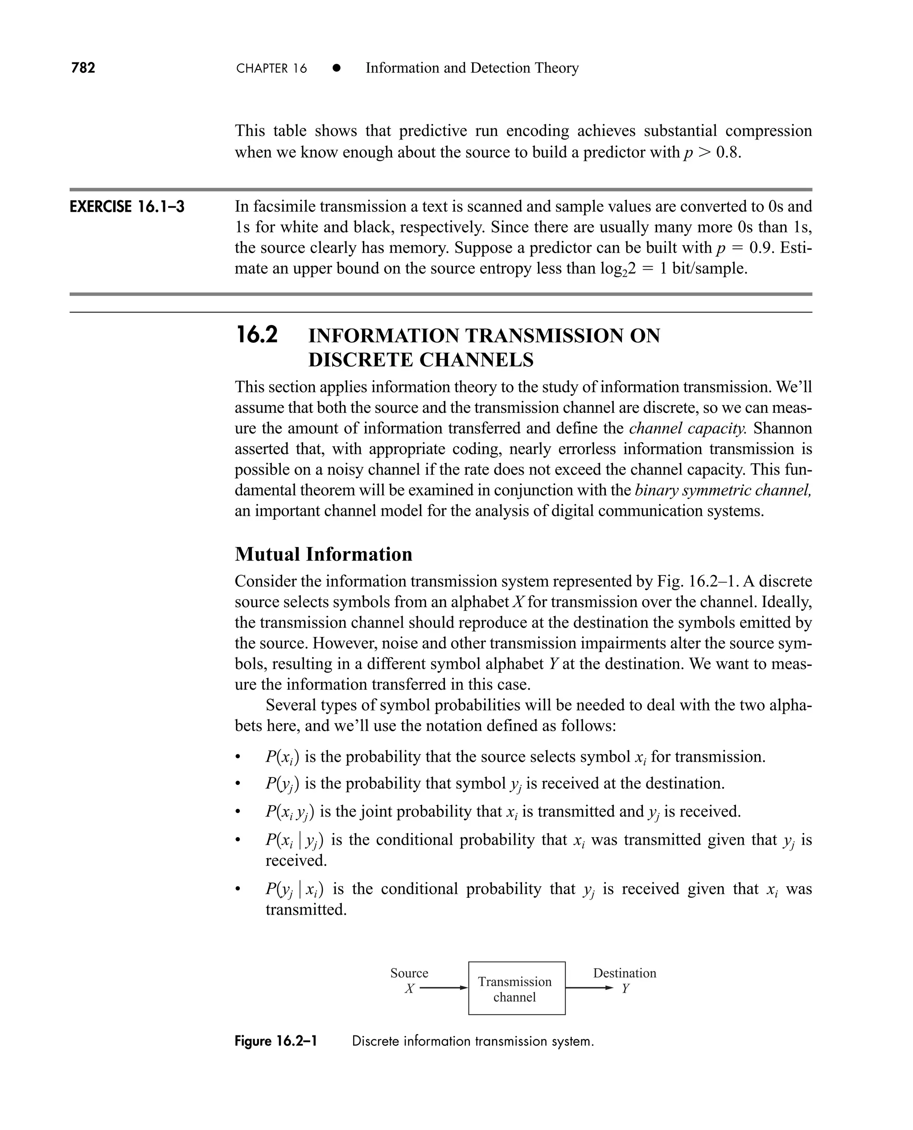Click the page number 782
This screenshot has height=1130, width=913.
click(83, 68)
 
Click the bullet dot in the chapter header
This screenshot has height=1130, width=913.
click(337, 68)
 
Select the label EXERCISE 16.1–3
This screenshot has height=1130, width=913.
click(127, 207)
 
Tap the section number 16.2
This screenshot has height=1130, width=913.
click(257, 336)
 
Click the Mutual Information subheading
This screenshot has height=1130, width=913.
click(324, 554)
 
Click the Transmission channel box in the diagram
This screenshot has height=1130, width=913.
click(516, 989)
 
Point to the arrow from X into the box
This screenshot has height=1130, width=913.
click(444, 988)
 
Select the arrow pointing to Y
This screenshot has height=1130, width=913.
click(589, 988)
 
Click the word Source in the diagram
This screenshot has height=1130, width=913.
click(409, 973)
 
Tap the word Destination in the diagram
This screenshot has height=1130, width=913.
click(624, 973)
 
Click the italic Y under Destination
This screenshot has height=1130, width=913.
click(625, 989)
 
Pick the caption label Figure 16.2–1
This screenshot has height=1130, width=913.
click(276, 1041)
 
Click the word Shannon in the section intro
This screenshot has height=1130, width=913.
click(782, 428)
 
